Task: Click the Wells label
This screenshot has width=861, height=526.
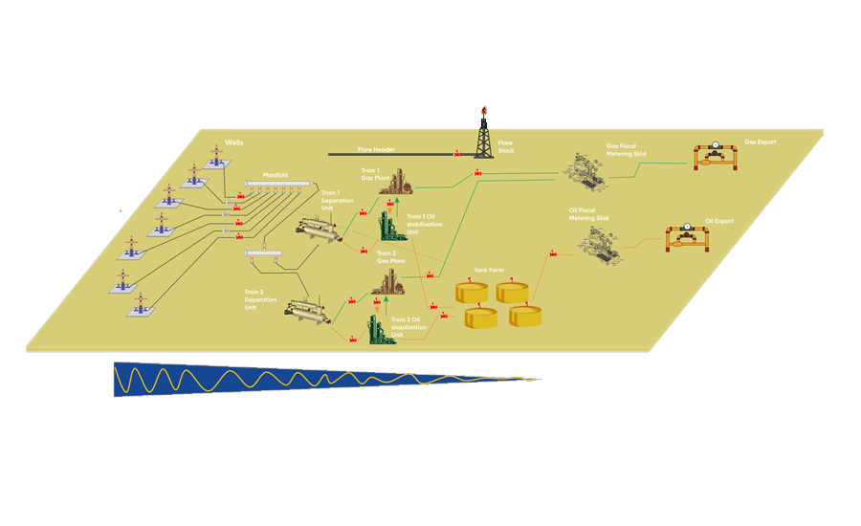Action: pyautogui.click(x=234, y=142)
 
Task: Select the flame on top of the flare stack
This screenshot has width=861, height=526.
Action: pyautogui.click(x=485, y=109)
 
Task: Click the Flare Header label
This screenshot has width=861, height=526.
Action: pyautogui.click(x=376, y=149)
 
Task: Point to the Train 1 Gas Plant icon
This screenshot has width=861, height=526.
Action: pyautogui.click(x=395, y=184)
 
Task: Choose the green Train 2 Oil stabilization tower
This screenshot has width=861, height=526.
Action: pyautogui.click(x=380, y=328)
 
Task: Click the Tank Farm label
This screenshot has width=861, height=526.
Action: pyautogui.click(x=489, y=271)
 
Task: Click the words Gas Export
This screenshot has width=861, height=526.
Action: pyautogui.click(x=761, y=142)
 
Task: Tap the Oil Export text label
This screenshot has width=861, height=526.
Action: pyautogui.click(x=719, y=221)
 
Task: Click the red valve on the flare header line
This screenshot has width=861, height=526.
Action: pyautogui.click(x=457, y=153)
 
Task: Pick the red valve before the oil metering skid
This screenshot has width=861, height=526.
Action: pyautogui.click(x=553, y=254)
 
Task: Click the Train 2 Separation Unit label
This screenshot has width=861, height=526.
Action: pyautogui.click(x=260, y=299)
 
